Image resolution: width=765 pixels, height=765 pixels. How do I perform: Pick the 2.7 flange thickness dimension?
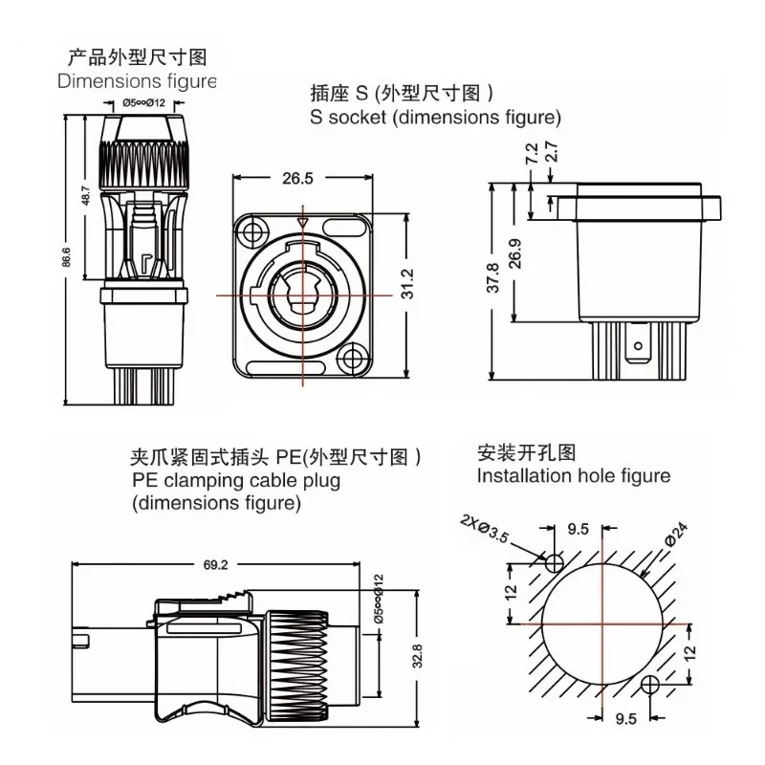click(550, 153)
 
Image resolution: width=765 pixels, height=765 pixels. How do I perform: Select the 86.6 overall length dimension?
click(67, 259)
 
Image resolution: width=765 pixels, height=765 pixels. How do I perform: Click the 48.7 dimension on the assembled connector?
click(86, 196)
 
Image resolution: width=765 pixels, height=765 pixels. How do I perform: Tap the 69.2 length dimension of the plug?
click(215, 565)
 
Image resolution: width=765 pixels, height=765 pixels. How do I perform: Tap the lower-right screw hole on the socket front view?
click(356, 361)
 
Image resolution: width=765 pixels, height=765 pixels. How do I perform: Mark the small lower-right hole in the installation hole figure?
click(650, 684)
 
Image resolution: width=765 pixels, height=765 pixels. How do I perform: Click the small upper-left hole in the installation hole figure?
click(552, 563)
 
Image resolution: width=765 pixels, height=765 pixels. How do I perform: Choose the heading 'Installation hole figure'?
click(574, 475)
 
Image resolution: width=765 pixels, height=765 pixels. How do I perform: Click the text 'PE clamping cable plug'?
click(236, 481)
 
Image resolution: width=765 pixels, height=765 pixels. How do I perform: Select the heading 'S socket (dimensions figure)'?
click(435, 118)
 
